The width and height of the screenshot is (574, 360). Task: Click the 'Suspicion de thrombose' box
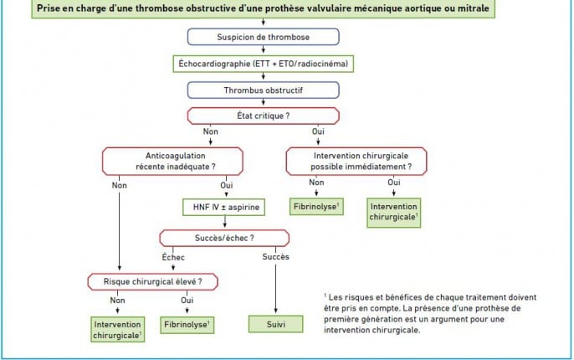coord(264,37)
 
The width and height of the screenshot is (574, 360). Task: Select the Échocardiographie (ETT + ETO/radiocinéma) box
coord(264,64)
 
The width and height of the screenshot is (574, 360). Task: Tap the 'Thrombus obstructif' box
coord(264,90)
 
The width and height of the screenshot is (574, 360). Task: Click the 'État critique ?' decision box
coord(264,116)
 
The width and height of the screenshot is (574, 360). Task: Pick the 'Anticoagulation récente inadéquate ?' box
coord(172,161)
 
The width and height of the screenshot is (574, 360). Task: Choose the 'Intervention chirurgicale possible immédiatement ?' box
coord(356,161)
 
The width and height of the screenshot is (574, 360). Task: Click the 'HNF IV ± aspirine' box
coord(223,208)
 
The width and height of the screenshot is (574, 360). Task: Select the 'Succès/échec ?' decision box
coord(224,238)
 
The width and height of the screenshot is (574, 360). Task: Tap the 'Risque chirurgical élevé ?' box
coord(152,281)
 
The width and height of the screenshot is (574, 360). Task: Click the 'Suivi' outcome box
coord(275,324)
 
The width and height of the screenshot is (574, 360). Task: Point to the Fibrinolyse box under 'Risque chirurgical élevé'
coord(187,325)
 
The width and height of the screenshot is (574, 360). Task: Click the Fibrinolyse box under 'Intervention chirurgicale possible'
coord(316,207)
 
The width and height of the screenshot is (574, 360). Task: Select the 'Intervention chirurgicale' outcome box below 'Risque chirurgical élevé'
coord(117,330)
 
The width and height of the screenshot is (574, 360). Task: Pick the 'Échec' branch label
coord(173,257)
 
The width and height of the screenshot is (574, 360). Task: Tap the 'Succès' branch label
coord(275,257)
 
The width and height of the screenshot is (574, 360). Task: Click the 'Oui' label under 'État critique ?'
coord(318,131)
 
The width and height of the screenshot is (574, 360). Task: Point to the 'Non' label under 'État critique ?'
coord(211,131)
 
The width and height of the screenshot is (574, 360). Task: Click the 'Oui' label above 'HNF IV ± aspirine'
coord(227,185)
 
